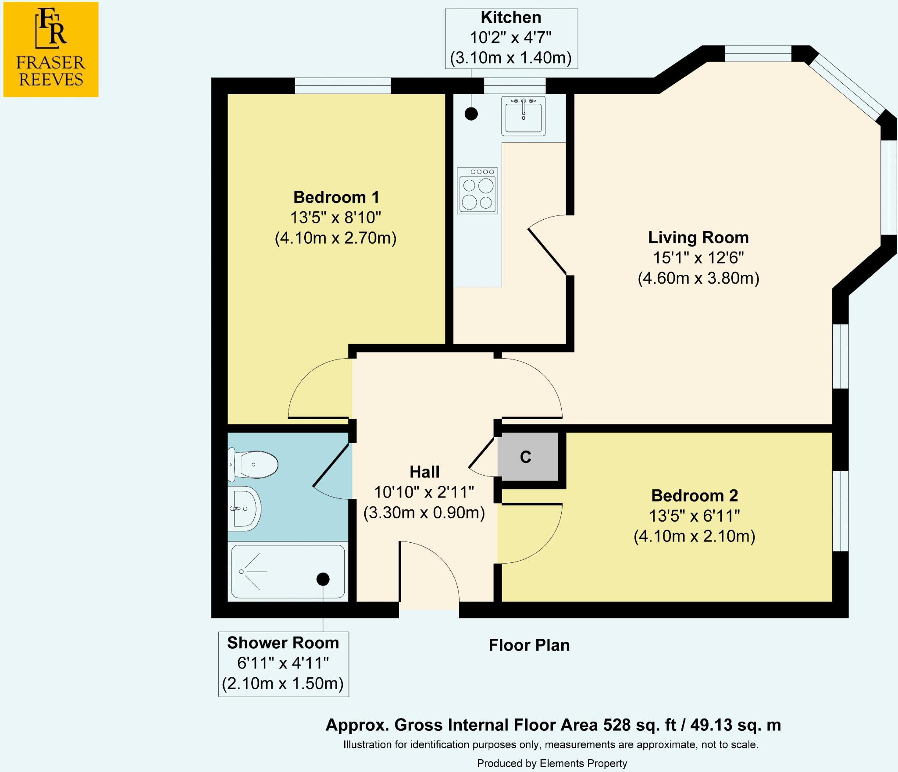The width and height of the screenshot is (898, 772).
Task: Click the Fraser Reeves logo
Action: point(51,50)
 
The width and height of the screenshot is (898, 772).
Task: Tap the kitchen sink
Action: point(523,116)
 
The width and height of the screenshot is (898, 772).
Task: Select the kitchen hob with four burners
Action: point(478,191)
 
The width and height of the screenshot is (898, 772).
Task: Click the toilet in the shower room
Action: point(253,464)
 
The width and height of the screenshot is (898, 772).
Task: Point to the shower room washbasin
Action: point(245,509)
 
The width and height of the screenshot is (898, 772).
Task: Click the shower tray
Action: point(288,572)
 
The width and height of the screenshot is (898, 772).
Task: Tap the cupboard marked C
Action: point(528,456)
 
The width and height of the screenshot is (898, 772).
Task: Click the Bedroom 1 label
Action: point(336,197)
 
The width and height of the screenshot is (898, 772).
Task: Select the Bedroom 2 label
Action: point(695,496)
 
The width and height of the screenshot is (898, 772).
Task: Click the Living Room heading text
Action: point(698,238)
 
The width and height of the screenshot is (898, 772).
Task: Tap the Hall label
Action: point(424,472)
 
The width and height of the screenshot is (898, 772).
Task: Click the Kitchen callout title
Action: point(511,18)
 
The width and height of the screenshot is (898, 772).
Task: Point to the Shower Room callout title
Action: point(283,643)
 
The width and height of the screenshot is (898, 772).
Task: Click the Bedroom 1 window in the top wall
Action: point(342,86)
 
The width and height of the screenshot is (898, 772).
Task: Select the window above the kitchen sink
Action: point(515,86)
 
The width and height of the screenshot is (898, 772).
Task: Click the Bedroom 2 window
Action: point(840,511)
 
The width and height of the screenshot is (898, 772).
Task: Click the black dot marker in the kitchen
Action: point(471,114)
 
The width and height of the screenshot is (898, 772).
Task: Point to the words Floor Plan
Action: point(529,645)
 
